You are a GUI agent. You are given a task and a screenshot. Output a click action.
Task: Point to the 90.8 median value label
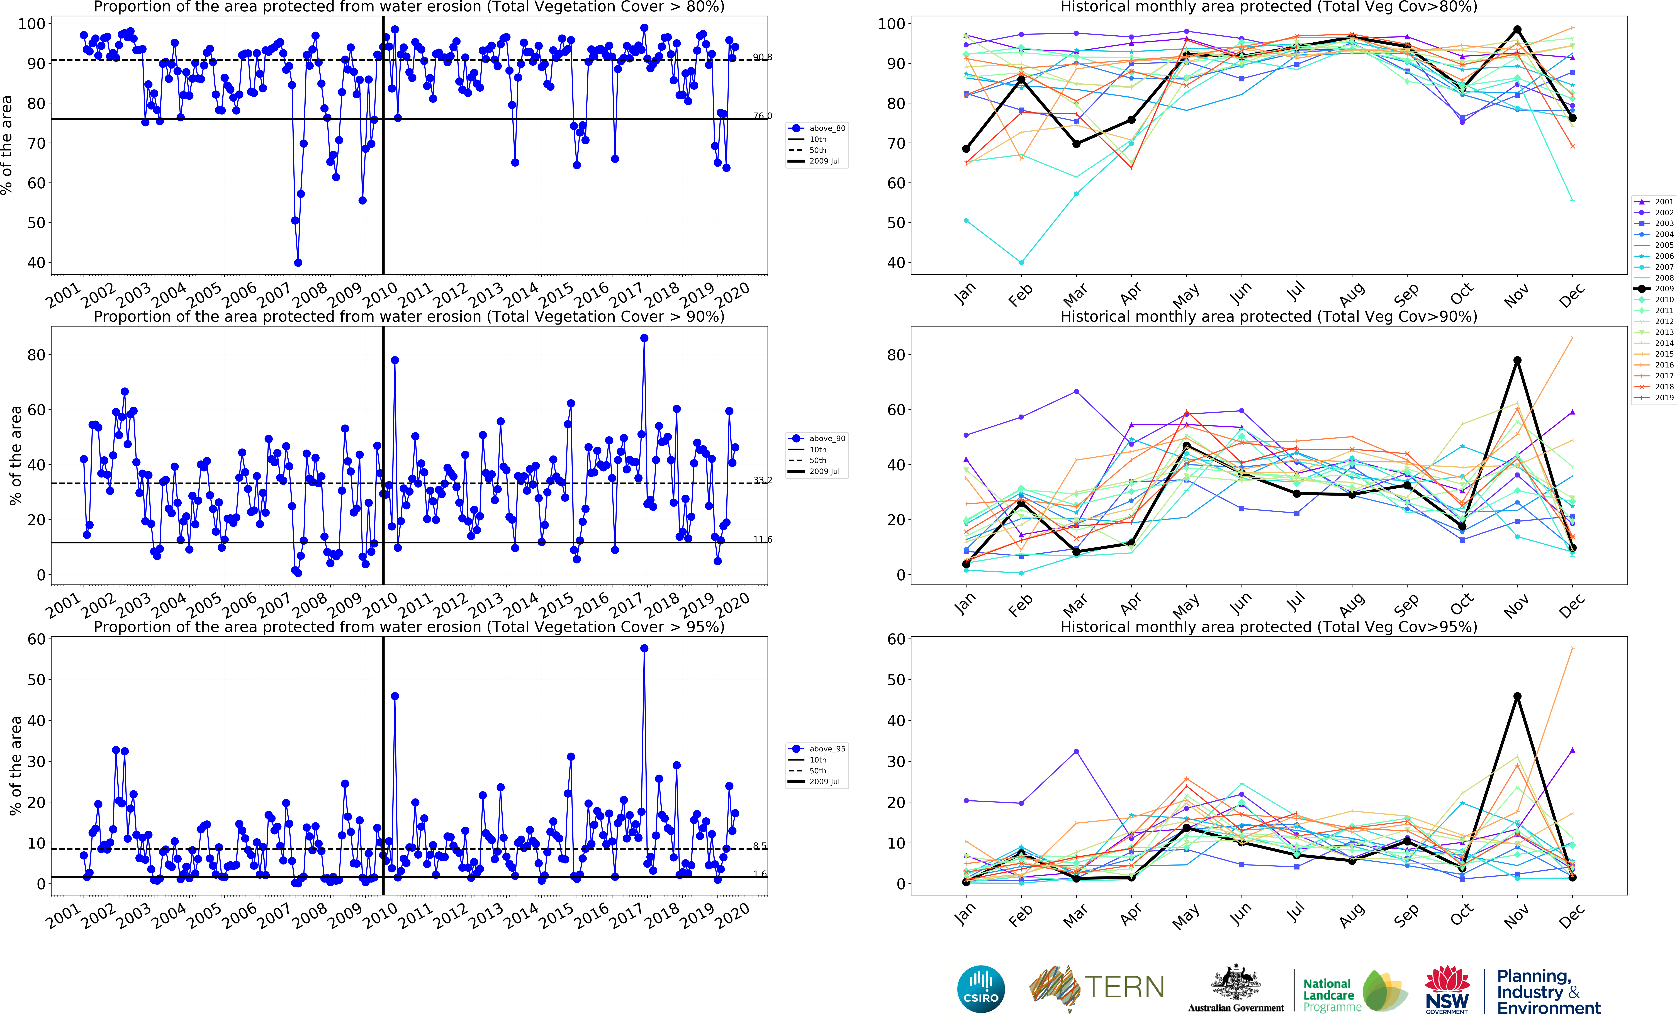(762, 57)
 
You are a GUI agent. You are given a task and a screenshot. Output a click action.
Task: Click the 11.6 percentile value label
(762, 540)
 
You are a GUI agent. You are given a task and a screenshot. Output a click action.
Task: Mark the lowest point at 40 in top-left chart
(298, 262)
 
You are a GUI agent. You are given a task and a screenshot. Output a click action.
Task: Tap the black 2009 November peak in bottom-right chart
(1517, 696)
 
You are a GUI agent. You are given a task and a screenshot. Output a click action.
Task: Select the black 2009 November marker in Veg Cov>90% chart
(1517, 360)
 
